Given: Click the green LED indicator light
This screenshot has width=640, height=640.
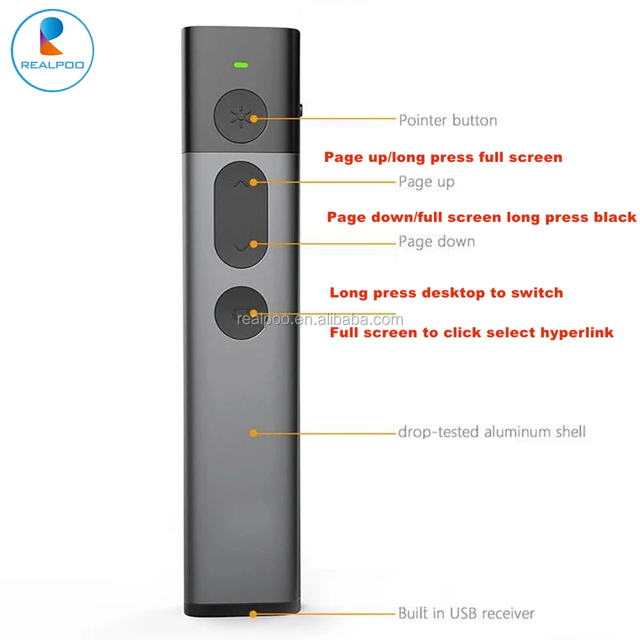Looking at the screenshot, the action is (241, 64).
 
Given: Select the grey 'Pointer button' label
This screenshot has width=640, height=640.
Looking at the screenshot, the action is (447, 120).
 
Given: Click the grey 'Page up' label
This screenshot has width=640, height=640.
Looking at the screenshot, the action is (426, 182).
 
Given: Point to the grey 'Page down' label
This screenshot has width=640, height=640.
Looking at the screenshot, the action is (436, 241).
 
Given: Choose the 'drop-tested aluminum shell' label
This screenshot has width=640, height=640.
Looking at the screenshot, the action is (492, 431).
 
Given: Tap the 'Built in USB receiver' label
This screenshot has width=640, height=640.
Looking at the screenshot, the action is (466, 613).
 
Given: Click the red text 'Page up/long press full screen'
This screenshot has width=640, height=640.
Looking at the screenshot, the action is (443, 157).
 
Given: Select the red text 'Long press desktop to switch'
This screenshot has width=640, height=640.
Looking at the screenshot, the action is (446, 293).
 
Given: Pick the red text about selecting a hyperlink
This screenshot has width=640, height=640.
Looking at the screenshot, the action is (471, 333).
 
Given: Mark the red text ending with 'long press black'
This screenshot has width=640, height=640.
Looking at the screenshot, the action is (481, 217).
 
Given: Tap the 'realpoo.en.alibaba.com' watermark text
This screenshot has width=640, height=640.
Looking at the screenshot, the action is (320, 320).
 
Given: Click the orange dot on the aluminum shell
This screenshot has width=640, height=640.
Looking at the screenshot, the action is (253, 433).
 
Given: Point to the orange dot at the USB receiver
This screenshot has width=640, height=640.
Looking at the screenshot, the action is (253, 614).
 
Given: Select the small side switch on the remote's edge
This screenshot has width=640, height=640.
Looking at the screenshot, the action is (300, 108).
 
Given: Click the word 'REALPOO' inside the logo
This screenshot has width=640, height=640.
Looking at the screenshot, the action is (52, 64).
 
